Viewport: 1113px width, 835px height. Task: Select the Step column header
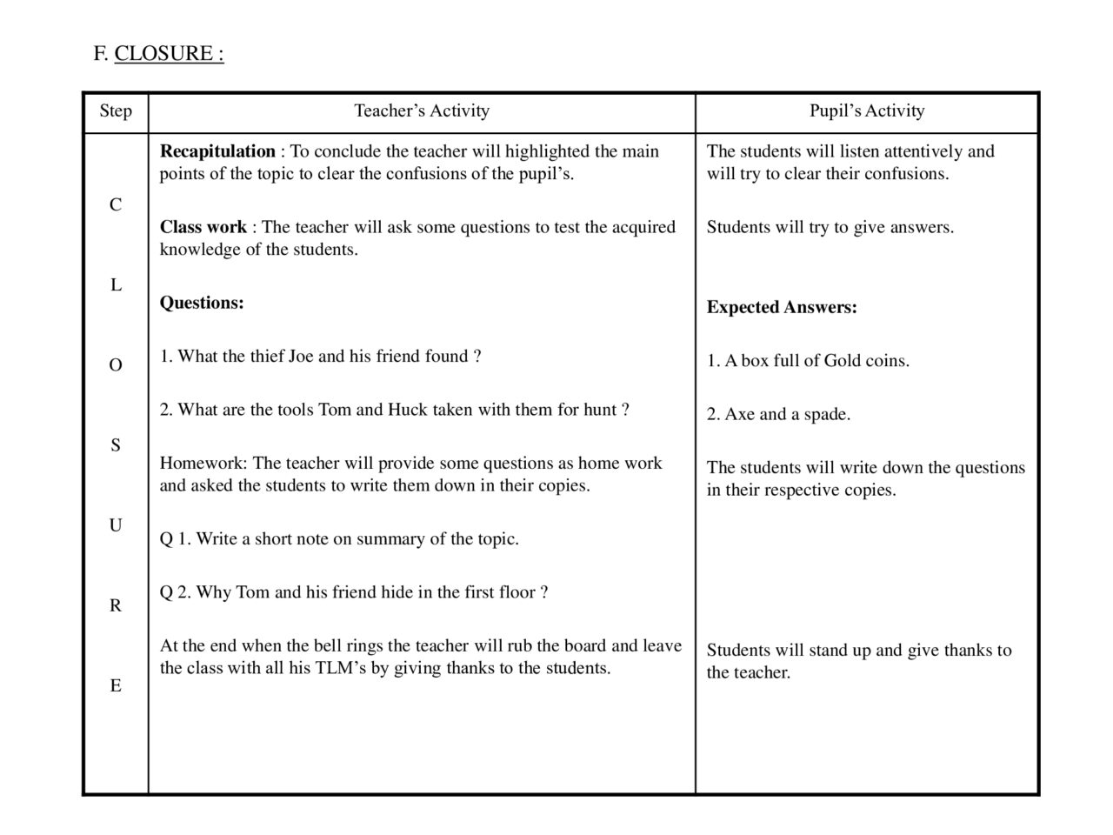click(x=116, y=111)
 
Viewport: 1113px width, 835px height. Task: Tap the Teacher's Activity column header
click(x=422, y=111)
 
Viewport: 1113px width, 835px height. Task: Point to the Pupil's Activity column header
click(x=867, y=111)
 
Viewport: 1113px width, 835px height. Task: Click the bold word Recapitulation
click(x=217, y=151)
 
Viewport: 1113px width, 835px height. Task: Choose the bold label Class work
click(x=203, y=227)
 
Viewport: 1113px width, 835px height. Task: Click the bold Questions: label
click(x=202, y=303)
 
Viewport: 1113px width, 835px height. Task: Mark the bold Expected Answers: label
click(x=782, y=307)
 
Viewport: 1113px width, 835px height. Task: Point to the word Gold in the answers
click(x=842, y=361)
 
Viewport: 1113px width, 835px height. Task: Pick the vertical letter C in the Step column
click(x=116, y=205)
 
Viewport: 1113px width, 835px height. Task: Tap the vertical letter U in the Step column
click(x=116, y=525)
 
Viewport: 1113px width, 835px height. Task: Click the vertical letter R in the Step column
click(x=116, y=606)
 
